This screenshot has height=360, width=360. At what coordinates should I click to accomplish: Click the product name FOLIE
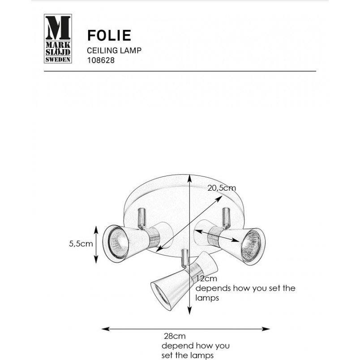point(109,35)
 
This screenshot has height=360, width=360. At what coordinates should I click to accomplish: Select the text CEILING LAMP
point(114,50)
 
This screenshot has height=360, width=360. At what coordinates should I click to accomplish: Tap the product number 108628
point(101,60)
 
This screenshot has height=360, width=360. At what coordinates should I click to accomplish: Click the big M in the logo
point(58,28)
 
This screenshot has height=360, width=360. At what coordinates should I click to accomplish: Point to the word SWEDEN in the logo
point(58,60)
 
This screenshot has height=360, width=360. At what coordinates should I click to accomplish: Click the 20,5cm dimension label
point(222,188)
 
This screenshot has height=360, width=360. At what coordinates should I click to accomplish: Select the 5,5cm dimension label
point(81,244)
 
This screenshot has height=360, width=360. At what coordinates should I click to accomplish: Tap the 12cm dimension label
point(206,279)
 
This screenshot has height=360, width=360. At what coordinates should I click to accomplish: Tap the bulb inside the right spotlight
point(251,246)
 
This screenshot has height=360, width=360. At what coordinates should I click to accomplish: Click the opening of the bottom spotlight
point(161,296)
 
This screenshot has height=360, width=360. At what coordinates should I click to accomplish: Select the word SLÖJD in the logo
point(58,52)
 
